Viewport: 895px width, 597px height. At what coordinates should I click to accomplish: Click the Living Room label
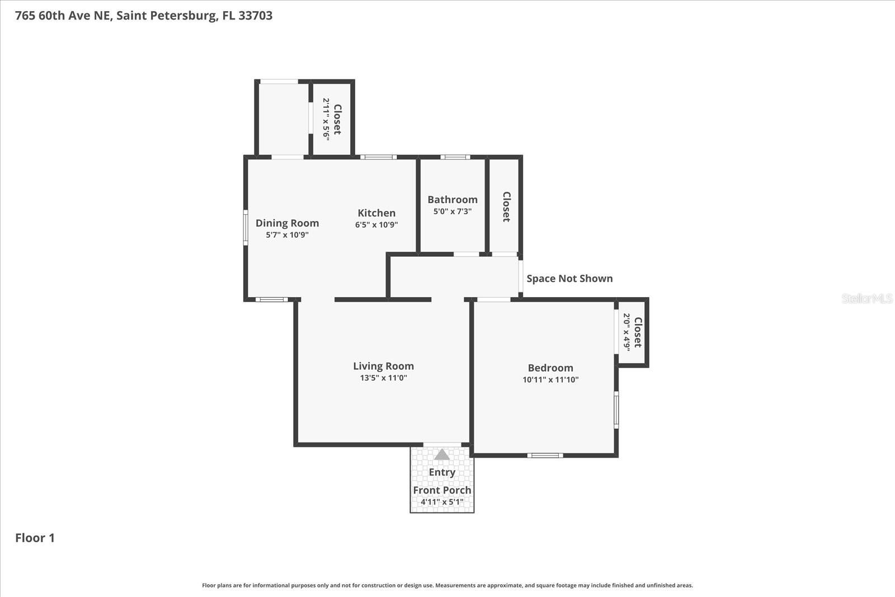[x=383, y=366]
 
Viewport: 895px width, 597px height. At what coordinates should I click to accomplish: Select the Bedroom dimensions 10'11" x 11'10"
[x=550, y=379]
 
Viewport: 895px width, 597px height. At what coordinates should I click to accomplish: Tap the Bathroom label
[x=453, y=199]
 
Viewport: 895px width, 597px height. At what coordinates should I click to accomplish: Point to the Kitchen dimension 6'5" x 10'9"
[x=376, y=225]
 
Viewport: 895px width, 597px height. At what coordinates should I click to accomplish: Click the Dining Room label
[x=287, y=223]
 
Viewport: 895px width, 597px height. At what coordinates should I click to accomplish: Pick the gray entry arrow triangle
[x=442, y=454]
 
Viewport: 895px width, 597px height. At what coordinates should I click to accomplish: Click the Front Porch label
[x=442, y=490]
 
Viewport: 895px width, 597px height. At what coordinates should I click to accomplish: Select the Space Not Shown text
[x=569, y=279]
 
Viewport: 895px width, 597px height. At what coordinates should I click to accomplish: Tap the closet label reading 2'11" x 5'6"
[x=326, y=119]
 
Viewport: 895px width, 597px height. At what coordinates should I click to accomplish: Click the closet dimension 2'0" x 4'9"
[x=626, y=332]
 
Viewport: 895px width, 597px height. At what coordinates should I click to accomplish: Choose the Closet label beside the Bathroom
[x=506, y=206]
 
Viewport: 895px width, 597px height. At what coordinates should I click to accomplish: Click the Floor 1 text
[x=35, y=538]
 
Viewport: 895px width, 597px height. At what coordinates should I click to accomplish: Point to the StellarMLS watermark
[x=866, y=298]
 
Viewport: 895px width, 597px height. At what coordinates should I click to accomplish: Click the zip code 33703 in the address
[x=255, y=16]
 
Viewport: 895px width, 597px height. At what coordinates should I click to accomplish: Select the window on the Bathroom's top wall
[x=455, y=157]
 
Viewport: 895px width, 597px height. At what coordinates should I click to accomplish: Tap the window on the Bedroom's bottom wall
[x=545, y=455]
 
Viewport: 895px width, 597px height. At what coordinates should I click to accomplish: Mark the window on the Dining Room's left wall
[x=246, y=227]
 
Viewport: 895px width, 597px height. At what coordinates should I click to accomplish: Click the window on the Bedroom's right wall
[x=616, y=410]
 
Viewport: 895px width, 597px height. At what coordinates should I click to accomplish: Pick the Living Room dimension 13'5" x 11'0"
[x=383, y=378]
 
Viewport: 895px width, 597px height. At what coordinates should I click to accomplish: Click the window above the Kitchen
[x=378, y=157]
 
